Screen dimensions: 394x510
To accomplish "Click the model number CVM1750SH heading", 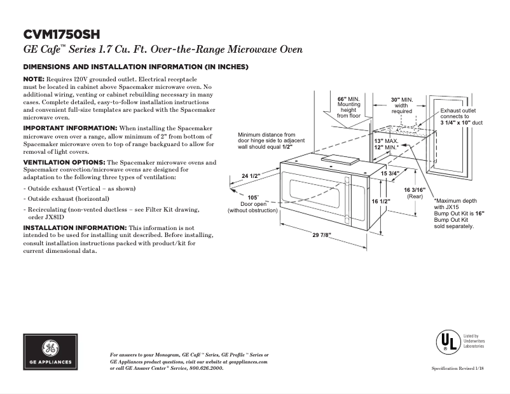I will coord(61,34).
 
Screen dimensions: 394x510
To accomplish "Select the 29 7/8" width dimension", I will coord(322,234).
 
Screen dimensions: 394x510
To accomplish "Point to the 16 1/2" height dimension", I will coord(380,201).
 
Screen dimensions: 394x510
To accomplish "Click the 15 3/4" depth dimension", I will coord(390,173).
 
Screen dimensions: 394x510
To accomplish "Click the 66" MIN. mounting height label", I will coord(348,107).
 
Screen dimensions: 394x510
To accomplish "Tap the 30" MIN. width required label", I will coord(401,105).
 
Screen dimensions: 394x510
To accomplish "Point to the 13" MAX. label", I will coord(387,140).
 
